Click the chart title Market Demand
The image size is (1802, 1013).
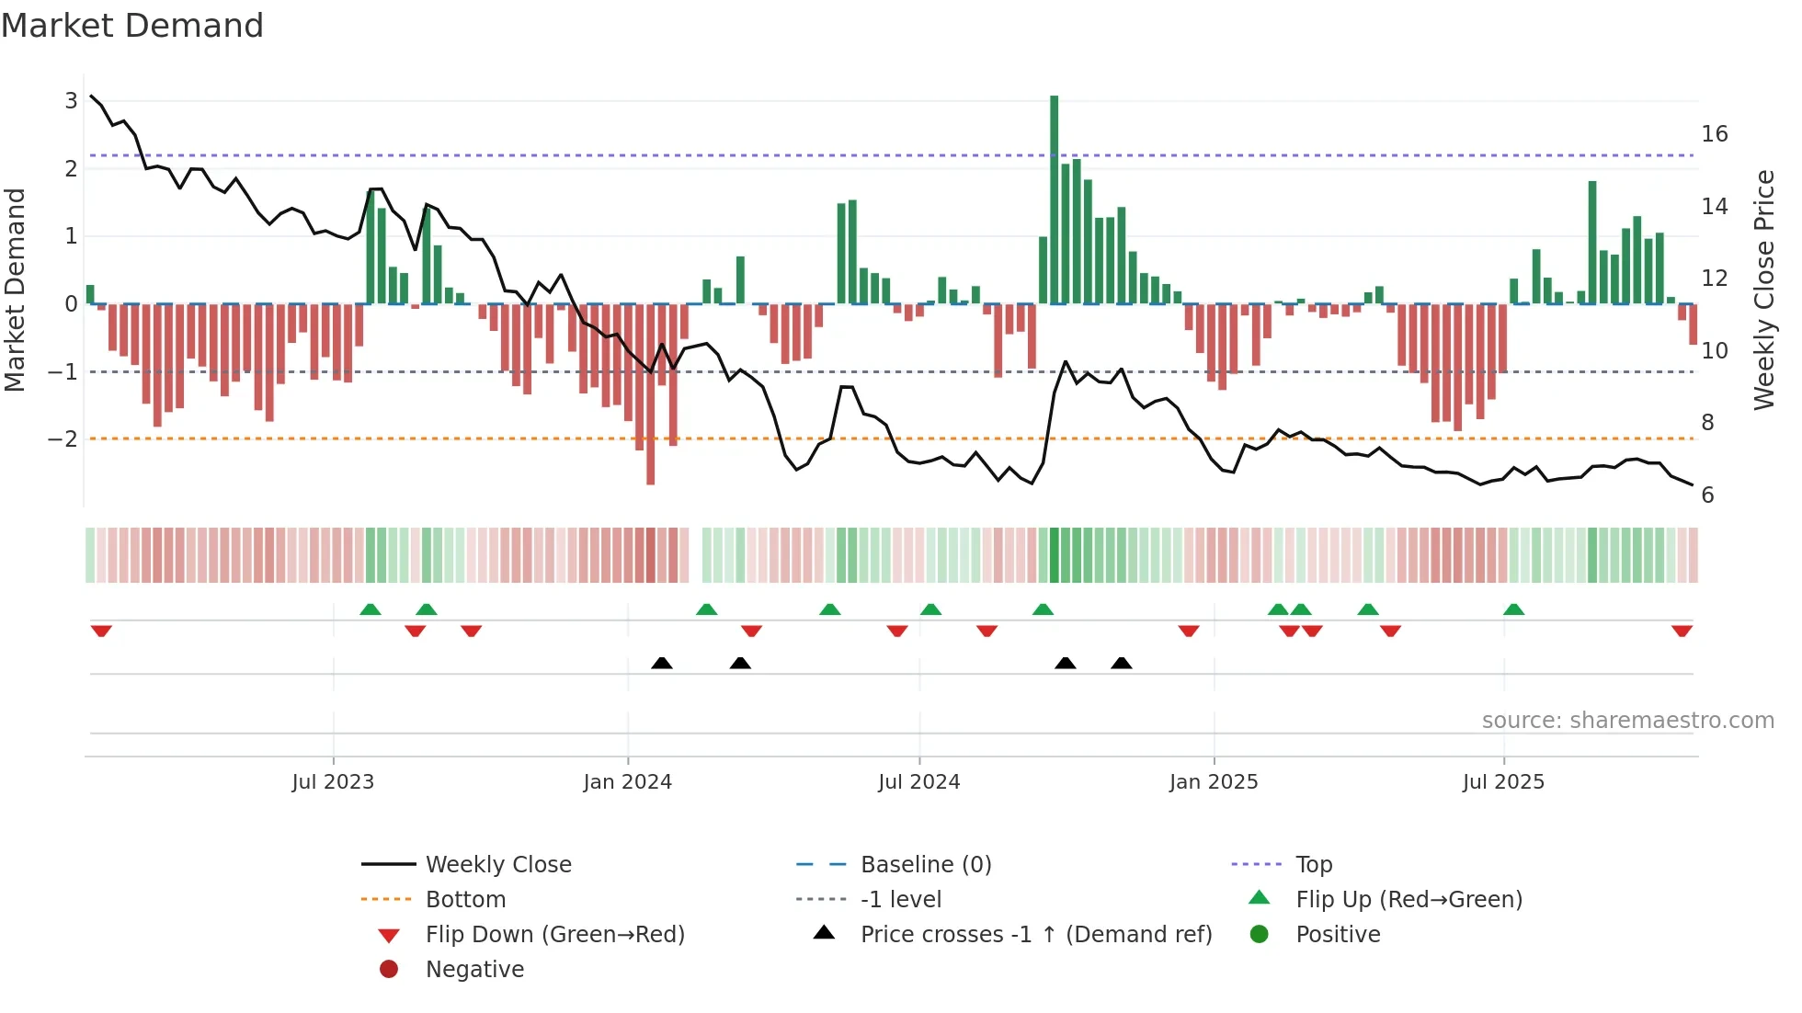pos(132,26)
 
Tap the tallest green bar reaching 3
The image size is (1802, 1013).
pos(1055,198)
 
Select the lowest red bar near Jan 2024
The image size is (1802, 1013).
pos(651,395)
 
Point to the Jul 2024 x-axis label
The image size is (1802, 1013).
pos(918,782)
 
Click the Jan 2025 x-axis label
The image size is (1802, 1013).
pos(1214,782)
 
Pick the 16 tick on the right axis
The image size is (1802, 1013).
pos(1714,134)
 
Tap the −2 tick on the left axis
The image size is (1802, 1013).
pos(63,438)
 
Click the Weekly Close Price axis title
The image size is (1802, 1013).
pos(1763,290)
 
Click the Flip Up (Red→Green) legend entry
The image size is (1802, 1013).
pos(1409,900)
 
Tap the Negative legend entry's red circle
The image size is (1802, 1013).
pos(389,970)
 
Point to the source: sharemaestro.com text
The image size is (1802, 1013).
pos(1627,721)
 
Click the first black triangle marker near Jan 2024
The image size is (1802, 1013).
pos(662,663)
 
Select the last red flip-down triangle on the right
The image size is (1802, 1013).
pos(1682,631)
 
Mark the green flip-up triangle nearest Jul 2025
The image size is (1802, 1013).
pos(1513,609)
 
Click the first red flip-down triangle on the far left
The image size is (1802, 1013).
pos(101,631)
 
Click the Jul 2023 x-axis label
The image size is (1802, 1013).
pos(333,782)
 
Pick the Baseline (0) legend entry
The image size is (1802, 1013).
pos(926,865)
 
